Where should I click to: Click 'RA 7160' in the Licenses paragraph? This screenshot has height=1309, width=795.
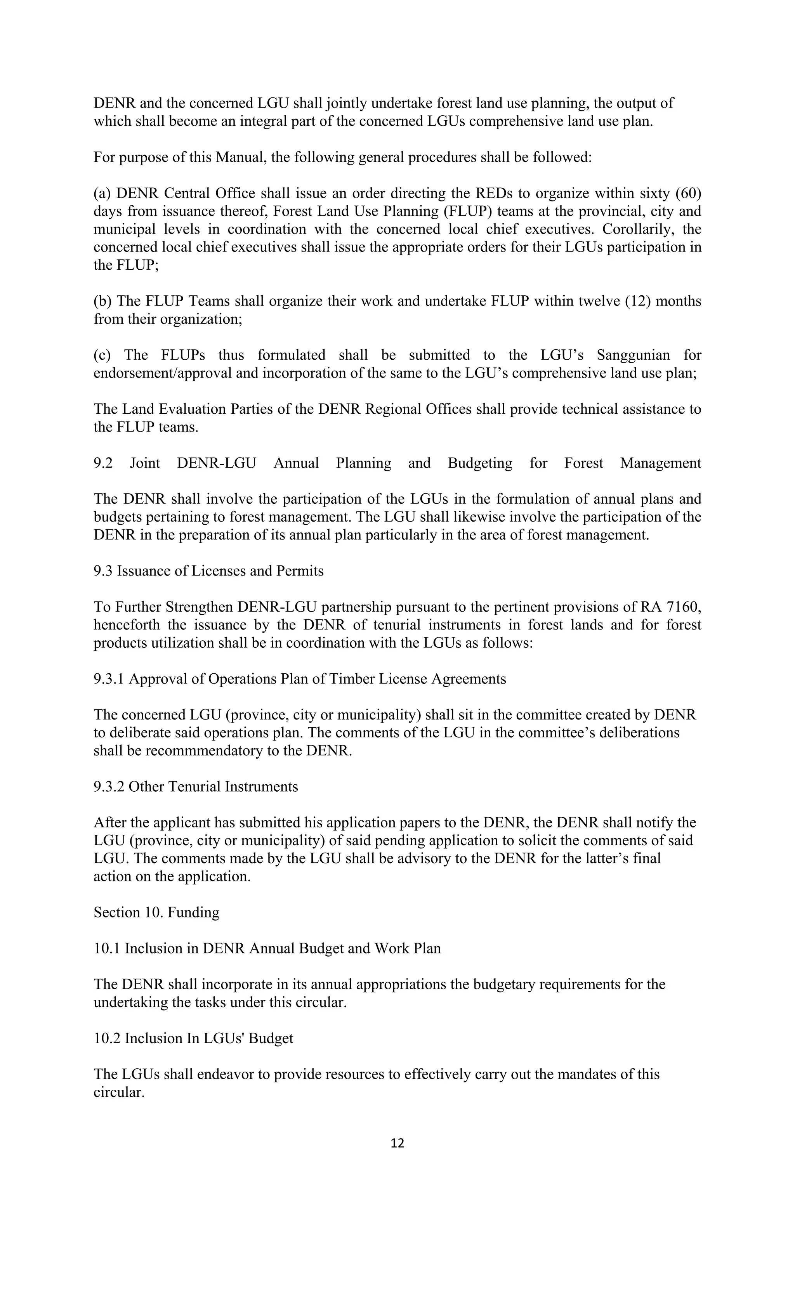(x=679, y=607)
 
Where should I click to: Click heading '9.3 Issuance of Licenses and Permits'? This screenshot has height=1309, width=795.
(x=208, y=571)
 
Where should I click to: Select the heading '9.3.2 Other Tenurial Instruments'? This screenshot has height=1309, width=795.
(x=196, y=787)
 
